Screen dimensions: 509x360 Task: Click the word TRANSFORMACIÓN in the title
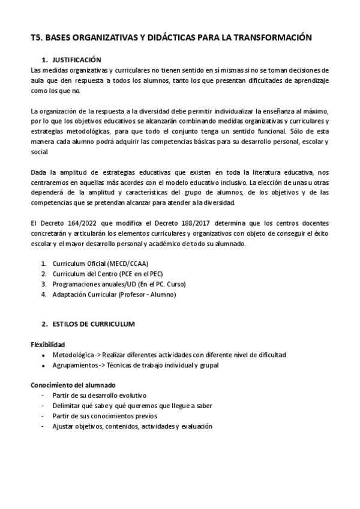[275, 37]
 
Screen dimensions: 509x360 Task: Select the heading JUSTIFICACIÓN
[77, 60]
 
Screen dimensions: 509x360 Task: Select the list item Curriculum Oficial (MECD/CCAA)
[100, 264]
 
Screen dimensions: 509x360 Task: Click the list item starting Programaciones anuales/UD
[119, 284]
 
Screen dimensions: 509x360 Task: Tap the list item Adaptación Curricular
[114, 294]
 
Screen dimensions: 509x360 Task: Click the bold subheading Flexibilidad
[48, 345]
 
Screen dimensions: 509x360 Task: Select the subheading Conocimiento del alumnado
[73, 385]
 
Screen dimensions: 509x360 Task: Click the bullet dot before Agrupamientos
[43, 366]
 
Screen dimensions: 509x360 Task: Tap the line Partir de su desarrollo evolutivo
[99, 396]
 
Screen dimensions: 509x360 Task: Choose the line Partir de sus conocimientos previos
[104, 416]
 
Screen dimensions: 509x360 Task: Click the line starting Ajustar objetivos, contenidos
[132, 426]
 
